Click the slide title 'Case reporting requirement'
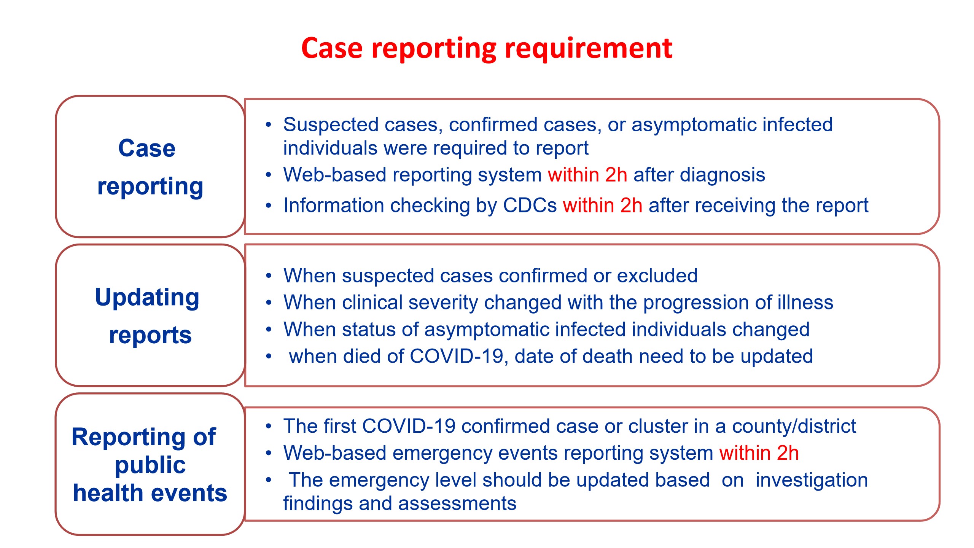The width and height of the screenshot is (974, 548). [487, 49]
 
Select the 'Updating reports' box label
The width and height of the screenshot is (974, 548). [148, 315]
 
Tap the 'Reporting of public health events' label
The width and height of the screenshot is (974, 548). [150, 465]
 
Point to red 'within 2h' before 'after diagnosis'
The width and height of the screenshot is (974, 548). [587, 175]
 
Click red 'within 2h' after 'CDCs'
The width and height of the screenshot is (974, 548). [603, 205]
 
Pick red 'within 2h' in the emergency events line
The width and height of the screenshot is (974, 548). [759, 453]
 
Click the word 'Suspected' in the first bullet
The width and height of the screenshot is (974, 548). [331, 125]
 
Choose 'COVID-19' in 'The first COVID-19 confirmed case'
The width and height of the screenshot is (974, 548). [409, 426]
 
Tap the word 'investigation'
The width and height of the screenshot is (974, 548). [812, 480]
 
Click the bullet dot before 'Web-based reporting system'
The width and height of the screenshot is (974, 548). [269, 175]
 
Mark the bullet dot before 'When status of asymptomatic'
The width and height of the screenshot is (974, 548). [269, 330]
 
